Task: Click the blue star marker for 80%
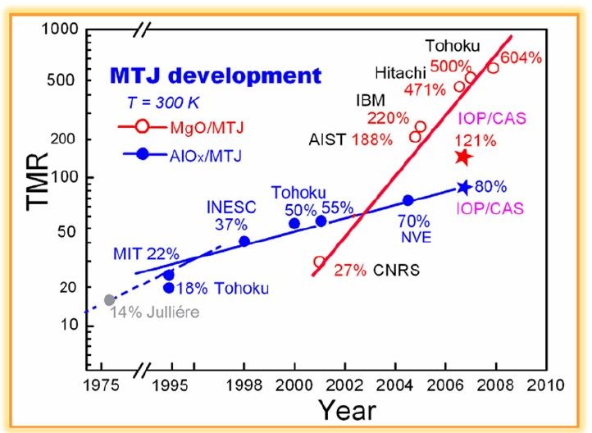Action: pos(464,187)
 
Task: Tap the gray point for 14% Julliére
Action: pos(110,300)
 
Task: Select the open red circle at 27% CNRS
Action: pos(320,262)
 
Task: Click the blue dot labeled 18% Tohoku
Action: pos(169,288)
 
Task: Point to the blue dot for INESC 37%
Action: pos(244,241)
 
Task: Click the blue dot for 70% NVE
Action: pos(408,200)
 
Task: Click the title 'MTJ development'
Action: pos(215,76)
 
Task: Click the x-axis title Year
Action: pos(347,409)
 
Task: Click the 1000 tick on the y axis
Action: pos(60,30)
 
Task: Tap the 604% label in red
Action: pos(522,57)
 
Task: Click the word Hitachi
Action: pos(402,71)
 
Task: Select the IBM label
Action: pos(371,101)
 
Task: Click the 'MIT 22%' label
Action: pos(134,256)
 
